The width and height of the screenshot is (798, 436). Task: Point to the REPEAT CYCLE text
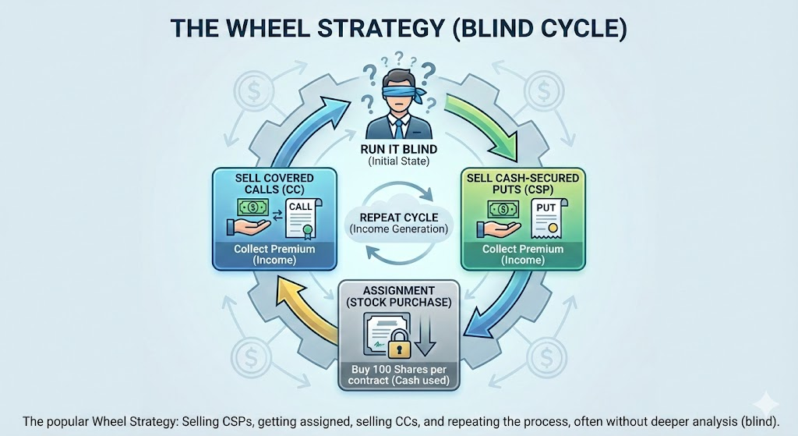398,216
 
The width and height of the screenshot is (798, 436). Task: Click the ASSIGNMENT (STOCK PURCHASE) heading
398,296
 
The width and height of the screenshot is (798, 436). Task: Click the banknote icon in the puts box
503,208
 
